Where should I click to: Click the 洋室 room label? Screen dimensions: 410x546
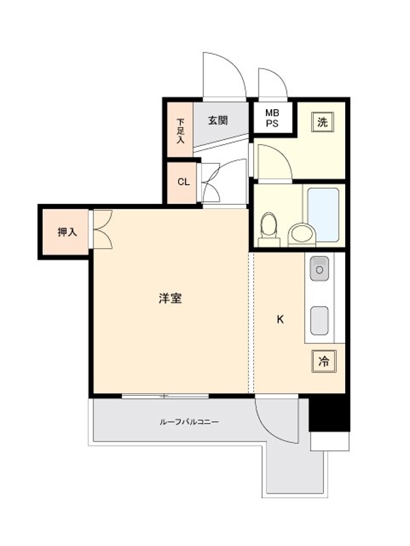(x=170, y=298)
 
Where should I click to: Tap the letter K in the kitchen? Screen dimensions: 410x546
(x=280, y=319)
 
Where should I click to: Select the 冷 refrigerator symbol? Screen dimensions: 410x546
(x=323, y=362)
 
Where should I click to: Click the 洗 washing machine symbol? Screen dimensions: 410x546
(x=322, y=122)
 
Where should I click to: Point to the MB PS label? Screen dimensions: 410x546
(x=272, y=118)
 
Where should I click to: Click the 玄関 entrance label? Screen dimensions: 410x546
(x=218, y=121)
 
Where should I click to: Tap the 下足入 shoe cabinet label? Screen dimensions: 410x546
(x=180, y=131)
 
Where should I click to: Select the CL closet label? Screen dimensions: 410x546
(x=184, y=182)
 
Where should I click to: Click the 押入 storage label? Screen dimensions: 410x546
(x=67, y=232)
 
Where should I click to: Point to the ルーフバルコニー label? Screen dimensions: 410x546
(x=189, y=422)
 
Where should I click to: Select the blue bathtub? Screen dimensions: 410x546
(x=323, y=215)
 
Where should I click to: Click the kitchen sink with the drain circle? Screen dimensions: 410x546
(x=319, y=268)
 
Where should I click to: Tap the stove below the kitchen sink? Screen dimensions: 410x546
(x=319, y=320)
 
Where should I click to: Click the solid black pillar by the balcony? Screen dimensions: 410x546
(x=330, y=414)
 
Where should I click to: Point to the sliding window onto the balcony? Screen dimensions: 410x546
(x=165, y=396)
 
